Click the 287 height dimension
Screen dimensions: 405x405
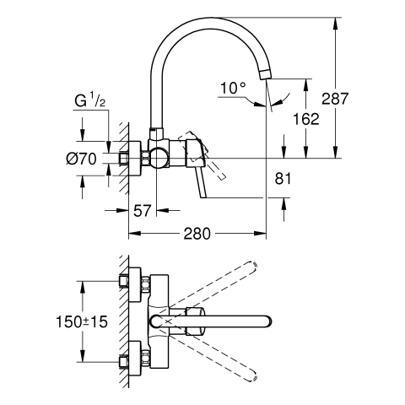pos(335,99)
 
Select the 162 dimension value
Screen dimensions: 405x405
pos(306,119)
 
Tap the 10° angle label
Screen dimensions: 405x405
pos(233,88)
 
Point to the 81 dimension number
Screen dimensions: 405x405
pos(283,178)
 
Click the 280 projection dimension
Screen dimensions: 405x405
pos(197,234)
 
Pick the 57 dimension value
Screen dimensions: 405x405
pos(143,210)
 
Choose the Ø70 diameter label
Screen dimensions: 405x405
pos(81,159)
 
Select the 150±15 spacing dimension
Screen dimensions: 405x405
pos(82,321)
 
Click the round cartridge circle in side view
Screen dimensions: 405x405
pos(159,158)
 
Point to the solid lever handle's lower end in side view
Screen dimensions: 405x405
pos(203,195)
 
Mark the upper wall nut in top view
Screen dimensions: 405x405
pos(123,281)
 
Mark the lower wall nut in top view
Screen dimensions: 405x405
pos(123,362)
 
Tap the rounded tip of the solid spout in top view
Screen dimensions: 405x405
pos(267,321)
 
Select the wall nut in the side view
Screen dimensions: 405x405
pos(123,158)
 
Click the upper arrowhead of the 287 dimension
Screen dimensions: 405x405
pos(335,23)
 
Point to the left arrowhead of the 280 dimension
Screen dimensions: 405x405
pos(134,234)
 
